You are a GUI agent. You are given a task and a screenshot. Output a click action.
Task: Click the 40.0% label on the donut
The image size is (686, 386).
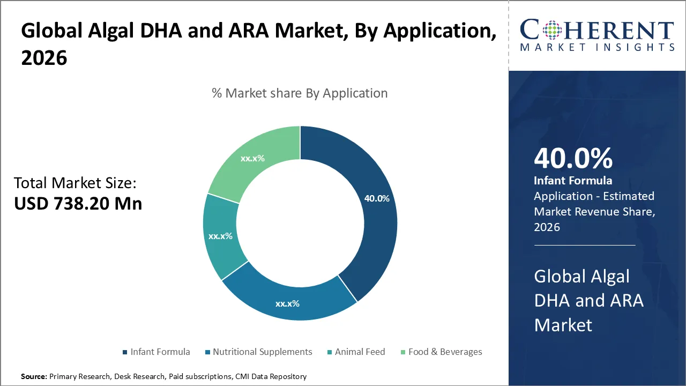(377, 198)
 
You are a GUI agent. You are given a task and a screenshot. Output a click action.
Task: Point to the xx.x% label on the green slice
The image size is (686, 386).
(252, 158)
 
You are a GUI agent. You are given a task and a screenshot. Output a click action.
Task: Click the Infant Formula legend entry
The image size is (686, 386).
(160, 352)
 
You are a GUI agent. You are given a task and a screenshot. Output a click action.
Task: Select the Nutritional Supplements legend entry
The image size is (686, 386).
(262, 352)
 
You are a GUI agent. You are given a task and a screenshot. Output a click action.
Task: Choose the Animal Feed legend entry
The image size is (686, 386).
(360, 352)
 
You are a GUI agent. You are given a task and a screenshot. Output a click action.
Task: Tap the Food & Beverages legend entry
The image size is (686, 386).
(445, 352)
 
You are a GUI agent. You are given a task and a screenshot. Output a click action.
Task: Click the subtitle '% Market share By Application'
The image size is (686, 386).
(300, 93)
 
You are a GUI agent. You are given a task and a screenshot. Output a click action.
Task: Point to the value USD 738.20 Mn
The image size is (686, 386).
(78, 204)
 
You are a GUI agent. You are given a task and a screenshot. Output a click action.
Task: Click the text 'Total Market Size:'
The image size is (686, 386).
(75, 183)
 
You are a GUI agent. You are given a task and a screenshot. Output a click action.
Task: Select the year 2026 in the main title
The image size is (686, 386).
(44, 58)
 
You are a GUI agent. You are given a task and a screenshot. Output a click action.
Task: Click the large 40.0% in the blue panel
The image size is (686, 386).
(573, 159)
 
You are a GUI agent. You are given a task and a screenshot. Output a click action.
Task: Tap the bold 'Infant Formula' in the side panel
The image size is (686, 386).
(573, 181)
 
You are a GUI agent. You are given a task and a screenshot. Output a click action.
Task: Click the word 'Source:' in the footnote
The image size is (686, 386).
(34, 376)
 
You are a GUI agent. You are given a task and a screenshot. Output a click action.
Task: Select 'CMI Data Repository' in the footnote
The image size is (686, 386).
(271, 376)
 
